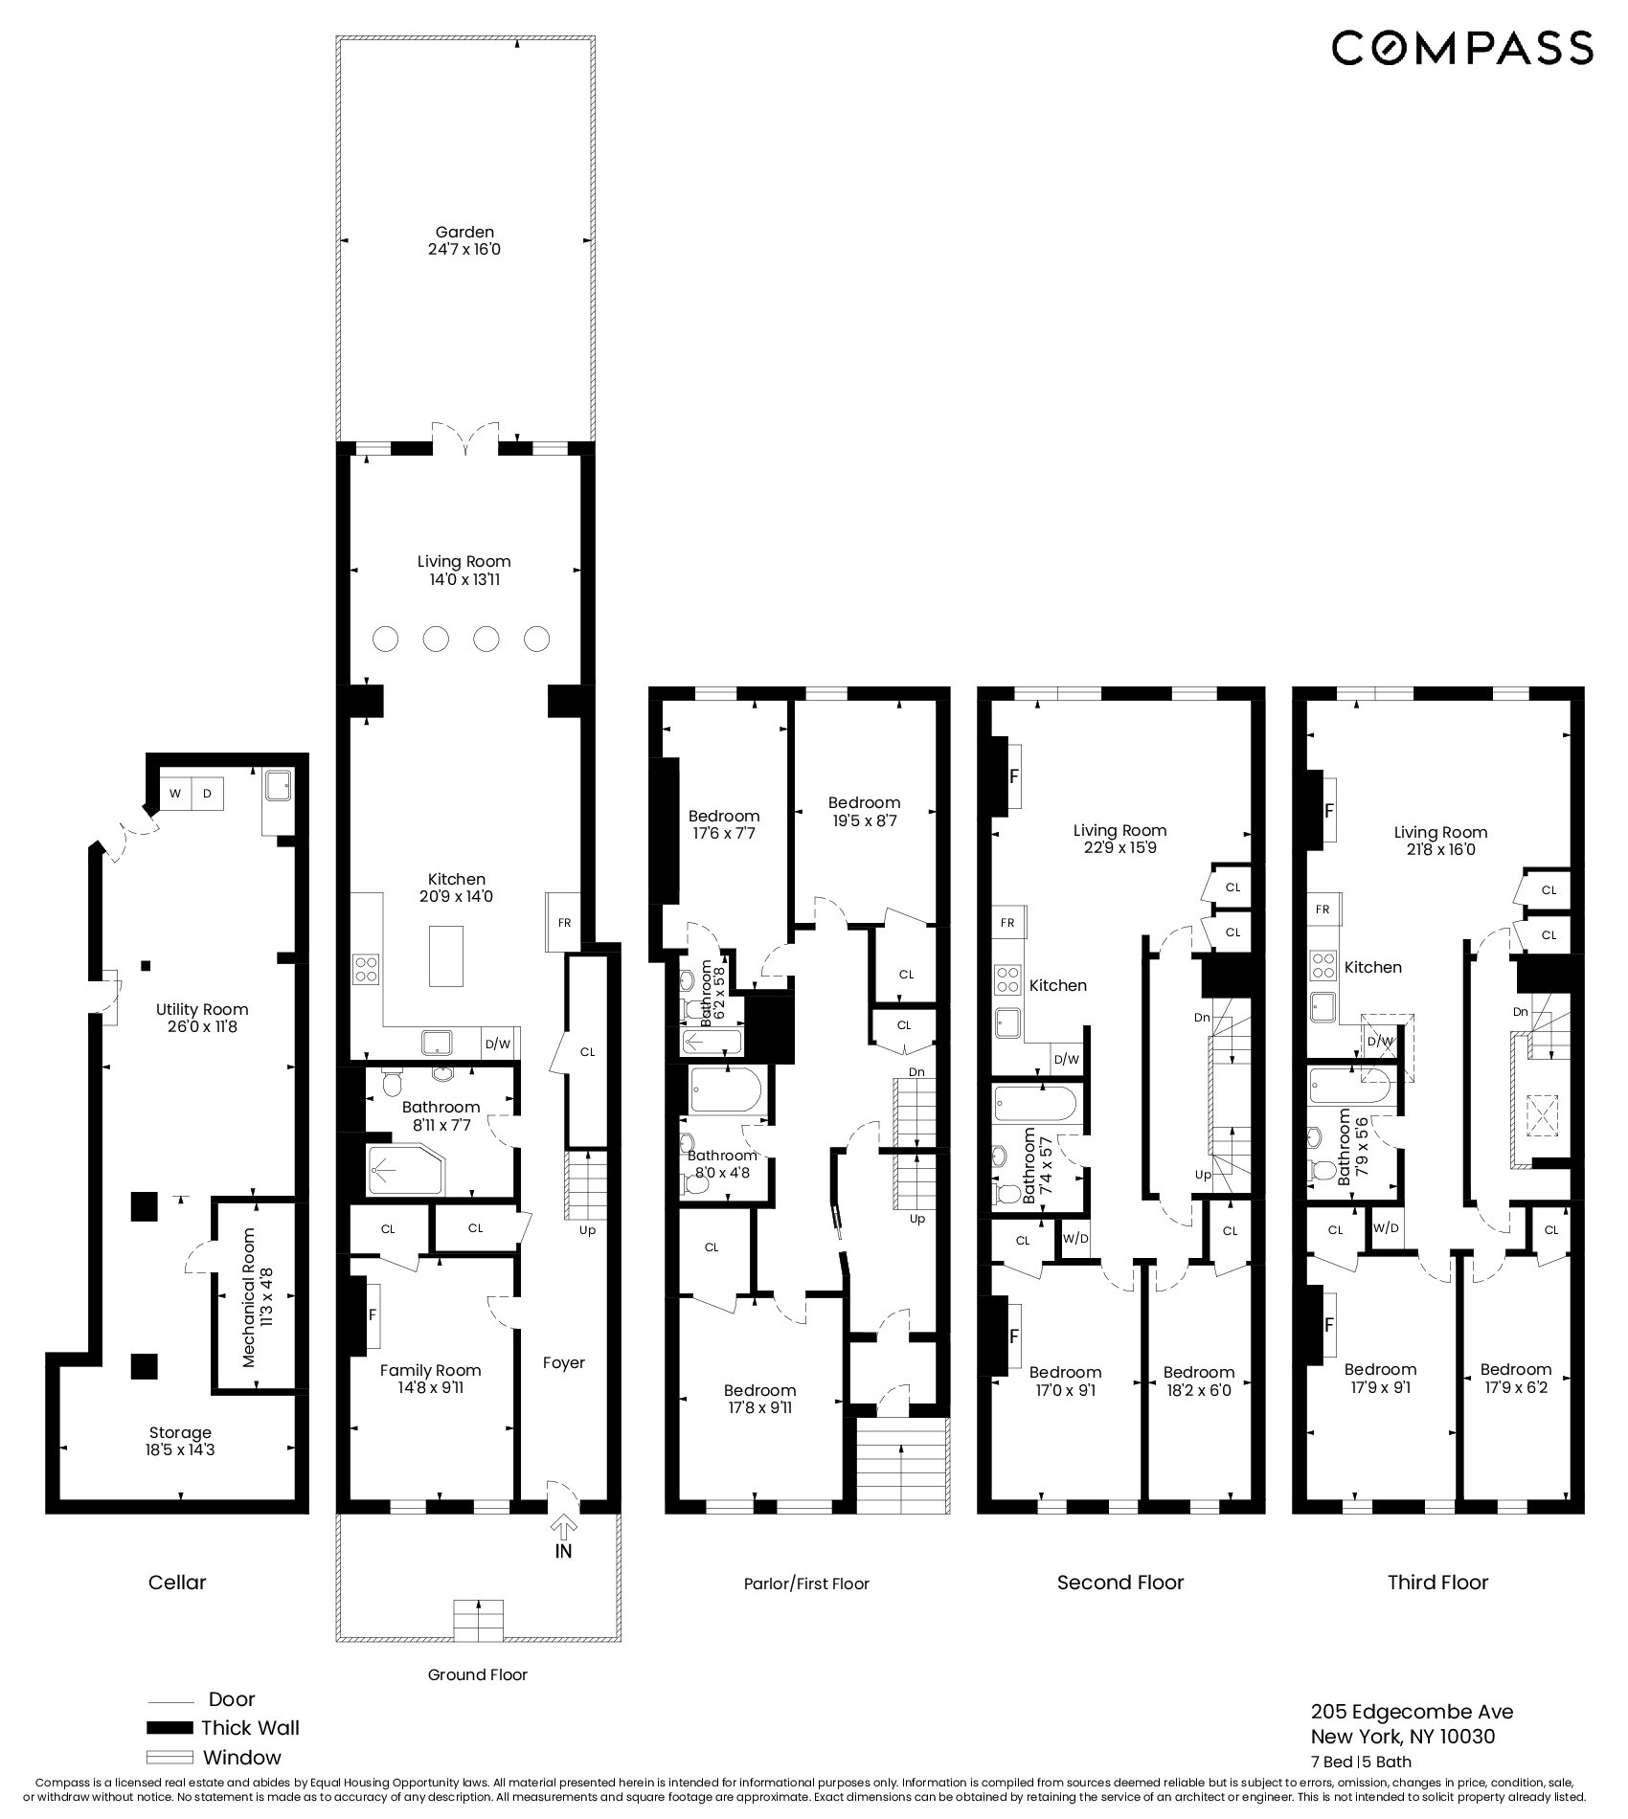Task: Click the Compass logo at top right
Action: point(1462,48)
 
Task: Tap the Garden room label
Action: point(464,240)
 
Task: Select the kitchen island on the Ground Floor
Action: point(446,955)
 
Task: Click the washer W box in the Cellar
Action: point(175,794)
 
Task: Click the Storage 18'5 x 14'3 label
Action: point(180,1441)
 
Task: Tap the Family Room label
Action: point(430,1379)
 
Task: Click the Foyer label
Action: point(563,1362)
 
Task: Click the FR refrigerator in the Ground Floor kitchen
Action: point(564,922)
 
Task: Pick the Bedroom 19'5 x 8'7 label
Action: point(864,811)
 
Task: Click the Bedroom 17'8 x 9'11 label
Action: point(759,1399)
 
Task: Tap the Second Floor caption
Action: point(1120,1583)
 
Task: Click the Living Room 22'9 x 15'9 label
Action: point(1119,839)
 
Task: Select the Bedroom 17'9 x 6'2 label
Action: point(1515,1378)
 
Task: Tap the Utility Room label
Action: point(202,1018)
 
